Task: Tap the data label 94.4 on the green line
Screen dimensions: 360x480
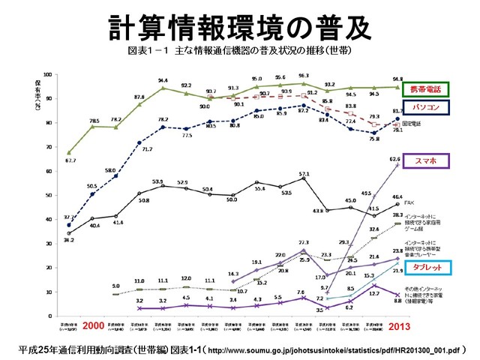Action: coord(163,80)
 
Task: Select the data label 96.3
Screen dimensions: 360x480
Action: coord(304,76)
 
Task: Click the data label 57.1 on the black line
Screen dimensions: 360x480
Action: coord(304,174)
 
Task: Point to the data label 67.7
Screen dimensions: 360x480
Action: coord(71,160)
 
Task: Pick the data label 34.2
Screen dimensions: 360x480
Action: coord(70,240)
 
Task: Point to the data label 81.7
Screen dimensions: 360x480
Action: coord(397,111)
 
